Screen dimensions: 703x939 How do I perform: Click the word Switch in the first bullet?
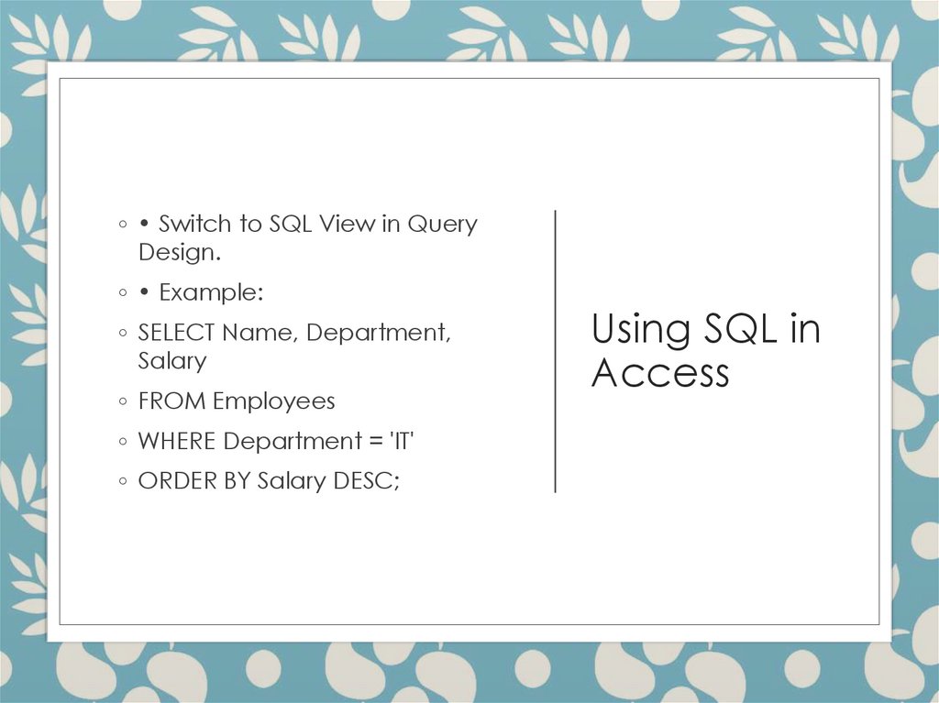[x=195, y=225]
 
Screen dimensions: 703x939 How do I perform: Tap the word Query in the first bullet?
[x=442, y=225]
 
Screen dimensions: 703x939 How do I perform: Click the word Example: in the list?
[x=211, y=293]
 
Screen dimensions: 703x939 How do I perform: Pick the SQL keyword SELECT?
[x=176, y=333]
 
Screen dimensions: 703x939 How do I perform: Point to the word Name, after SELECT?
[x=260, y=333]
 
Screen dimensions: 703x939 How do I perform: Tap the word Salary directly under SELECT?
[x=172, y=360]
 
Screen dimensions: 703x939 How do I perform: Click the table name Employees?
[x=274, y=401]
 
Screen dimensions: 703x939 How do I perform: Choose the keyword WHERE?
[x=177, y=442]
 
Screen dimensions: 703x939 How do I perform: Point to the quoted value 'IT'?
[x=402, y=442]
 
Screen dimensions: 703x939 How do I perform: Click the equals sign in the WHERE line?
[x=375, y=442]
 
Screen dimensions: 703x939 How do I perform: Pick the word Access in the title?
[x=660, y=372]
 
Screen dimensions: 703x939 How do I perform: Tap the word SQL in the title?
[x=739, y=329]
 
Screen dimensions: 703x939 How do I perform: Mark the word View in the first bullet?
[x=347, y=225]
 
